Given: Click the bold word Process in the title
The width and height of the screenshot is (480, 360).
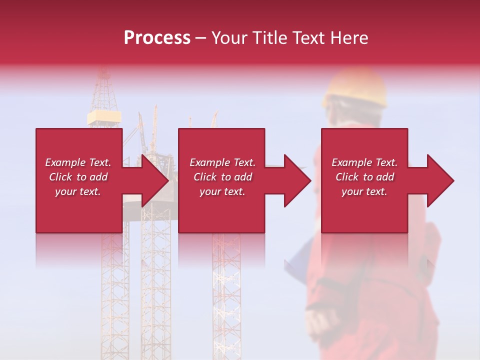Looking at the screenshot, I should (x=157, y=38).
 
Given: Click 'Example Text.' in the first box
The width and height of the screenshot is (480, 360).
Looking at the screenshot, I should (x=78, y=162).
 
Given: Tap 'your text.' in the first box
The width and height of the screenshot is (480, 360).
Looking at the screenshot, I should (x=78, y=191).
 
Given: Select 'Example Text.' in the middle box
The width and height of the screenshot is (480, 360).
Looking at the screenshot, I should (x=222, y=162).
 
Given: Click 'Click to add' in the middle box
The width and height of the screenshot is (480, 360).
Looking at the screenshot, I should (x=222, y=177).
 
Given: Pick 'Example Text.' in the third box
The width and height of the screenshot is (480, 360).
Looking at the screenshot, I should (x=364, y=162).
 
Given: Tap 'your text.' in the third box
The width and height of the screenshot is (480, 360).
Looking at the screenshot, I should (x=364, y=191).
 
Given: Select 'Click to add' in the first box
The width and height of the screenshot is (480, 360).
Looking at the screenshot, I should (x=78, y=177).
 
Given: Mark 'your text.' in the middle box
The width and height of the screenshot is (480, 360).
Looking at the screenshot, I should (x=222, y=191).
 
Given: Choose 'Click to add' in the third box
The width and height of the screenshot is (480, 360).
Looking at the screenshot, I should (x=364, y=177).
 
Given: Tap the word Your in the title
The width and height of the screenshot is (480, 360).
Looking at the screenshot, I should (x=228, y=38).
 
